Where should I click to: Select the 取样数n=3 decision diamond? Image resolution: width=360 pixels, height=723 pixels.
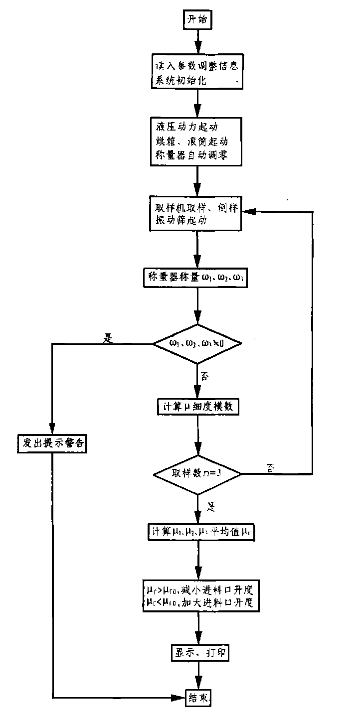pos(198,473)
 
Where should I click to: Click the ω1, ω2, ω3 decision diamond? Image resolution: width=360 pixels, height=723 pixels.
pos(198,344)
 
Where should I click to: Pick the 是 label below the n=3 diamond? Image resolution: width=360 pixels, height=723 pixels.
pos(210,508)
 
